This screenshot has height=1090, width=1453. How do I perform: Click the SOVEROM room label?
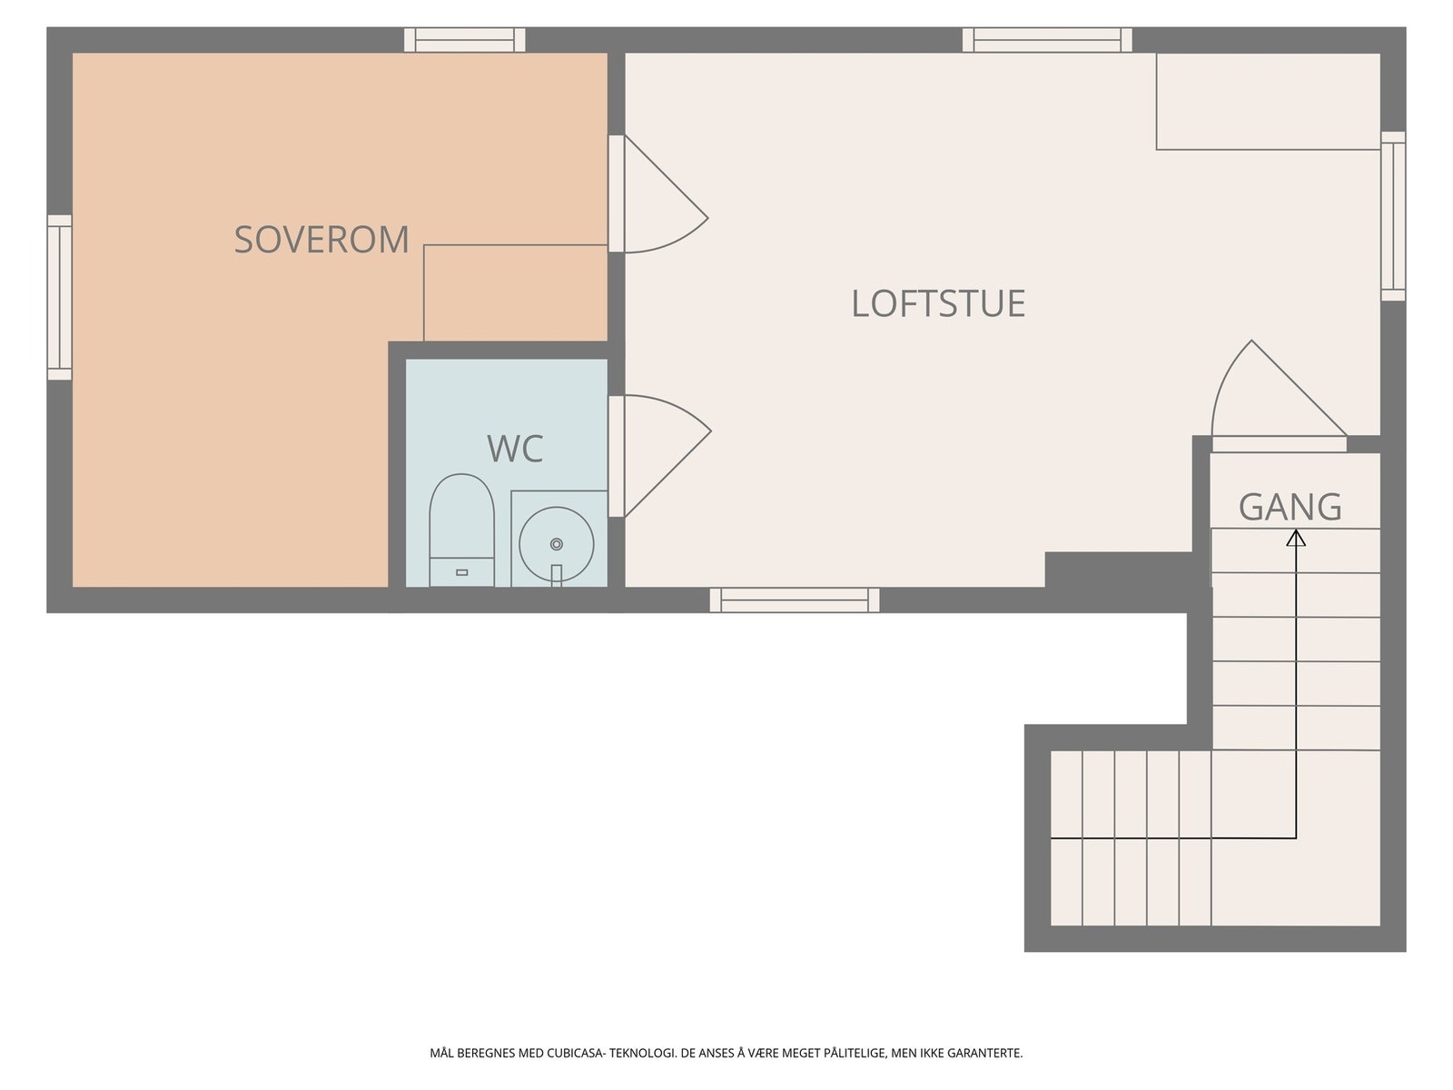click(x=321, y=239)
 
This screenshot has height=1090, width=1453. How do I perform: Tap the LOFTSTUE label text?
click(x=938, y=303)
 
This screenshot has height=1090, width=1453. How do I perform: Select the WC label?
click(x=515, y=449)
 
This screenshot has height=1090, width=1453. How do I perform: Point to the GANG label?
click(x=1290, y=507)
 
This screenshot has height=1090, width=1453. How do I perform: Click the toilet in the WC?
click(x=461, y=530)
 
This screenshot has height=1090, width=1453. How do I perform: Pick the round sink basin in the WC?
click(x=556, y=544)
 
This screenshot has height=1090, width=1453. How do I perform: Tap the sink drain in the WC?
click(x=556, y=544)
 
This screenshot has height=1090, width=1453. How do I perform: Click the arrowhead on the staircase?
click(x=1296, y=538)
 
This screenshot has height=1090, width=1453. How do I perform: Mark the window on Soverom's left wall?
click(x=60, y=297)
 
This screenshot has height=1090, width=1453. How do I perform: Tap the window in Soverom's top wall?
click(x=465, y=40)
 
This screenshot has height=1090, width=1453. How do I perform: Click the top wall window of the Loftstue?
click(x=1046, y=40)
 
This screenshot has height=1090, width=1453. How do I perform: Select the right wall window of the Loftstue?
click(x=1393, y=216)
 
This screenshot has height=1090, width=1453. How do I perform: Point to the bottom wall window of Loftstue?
click(x=795, y=600)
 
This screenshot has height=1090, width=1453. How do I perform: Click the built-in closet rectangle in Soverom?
click(x=516, y=293)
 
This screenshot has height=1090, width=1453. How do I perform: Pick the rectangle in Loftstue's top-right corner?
click(x=1269, y=101)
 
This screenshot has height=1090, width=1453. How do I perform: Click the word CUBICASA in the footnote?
click(x=575, y=1053)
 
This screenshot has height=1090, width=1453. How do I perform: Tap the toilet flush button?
click(x=462, y=572)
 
